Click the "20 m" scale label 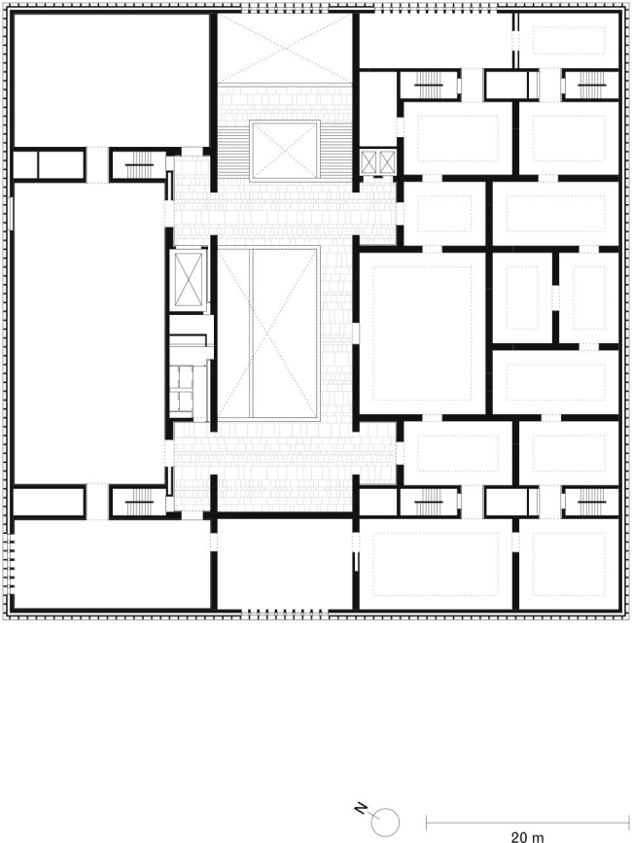pyautogui.click(x=528, y=836)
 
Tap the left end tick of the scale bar pyautogui.click(x=427, y=823)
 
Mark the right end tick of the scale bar pyautogui.click(x=629, y=823)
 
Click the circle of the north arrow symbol pyautogui.click(x=385, y=822)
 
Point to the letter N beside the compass pyautogui.click(x=361, y=808)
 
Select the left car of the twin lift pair pyautogui.click(x=369, y=162)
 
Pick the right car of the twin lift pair pyautogui.click(x=387, y=162)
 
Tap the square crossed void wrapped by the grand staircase pyautogui.click(x=285, y=150)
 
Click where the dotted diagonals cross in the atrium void pyautogui.click(x=268, y=333)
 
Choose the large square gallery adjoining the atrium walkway pyautogui.click(x=422, y=334)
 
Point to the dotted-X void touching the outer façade pyautogui.click(x=285, y=49)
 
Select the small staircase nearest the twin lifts pyautogui.click(x=429, y=85)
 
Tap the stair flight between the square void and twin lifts pyautogui.click(x=338, y=150)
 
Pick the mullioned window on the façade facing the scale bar pyautogui.click(x=285, y=612)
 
